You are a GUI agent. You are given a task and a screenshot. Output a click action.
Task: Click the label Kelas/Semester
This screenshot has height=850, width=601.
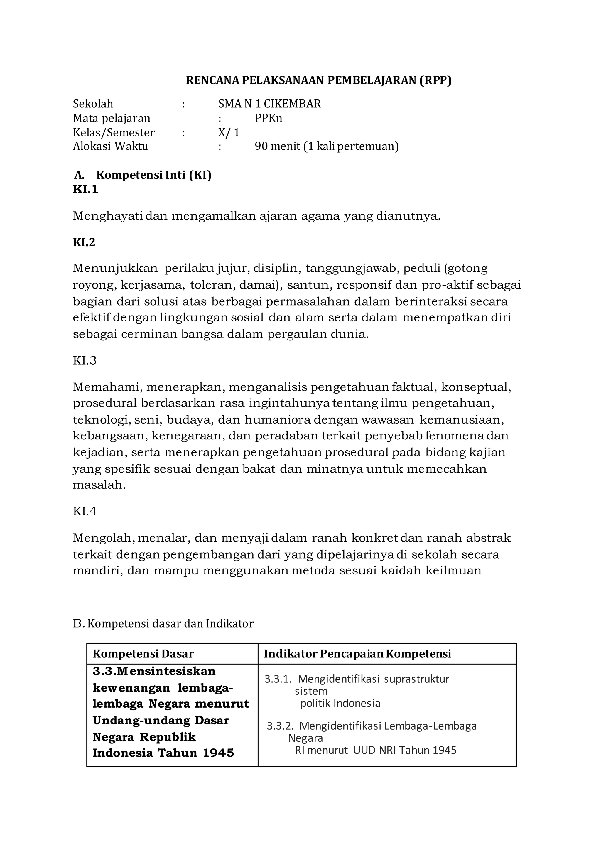click(x=114, y=133)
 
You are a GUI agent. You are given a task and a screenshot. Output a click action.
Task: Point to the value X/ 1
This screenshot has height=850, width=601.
click(x=229, y=133)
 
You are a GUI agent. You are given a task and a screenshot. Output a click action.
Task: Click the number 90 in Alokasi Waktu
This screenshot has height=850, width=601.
click(x=261, y=146)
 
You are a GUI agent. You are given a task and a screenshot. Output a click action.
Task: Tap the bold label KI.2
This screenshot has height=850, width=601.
click(x=84, y=242)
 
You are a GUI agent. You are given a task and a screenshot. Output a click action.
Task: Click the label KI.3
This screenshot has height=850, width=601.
click(x=85, y=361)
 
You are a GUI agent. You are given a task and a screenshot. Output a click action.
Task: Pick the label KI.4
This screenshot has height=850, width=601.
click(x=85, y=511)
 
